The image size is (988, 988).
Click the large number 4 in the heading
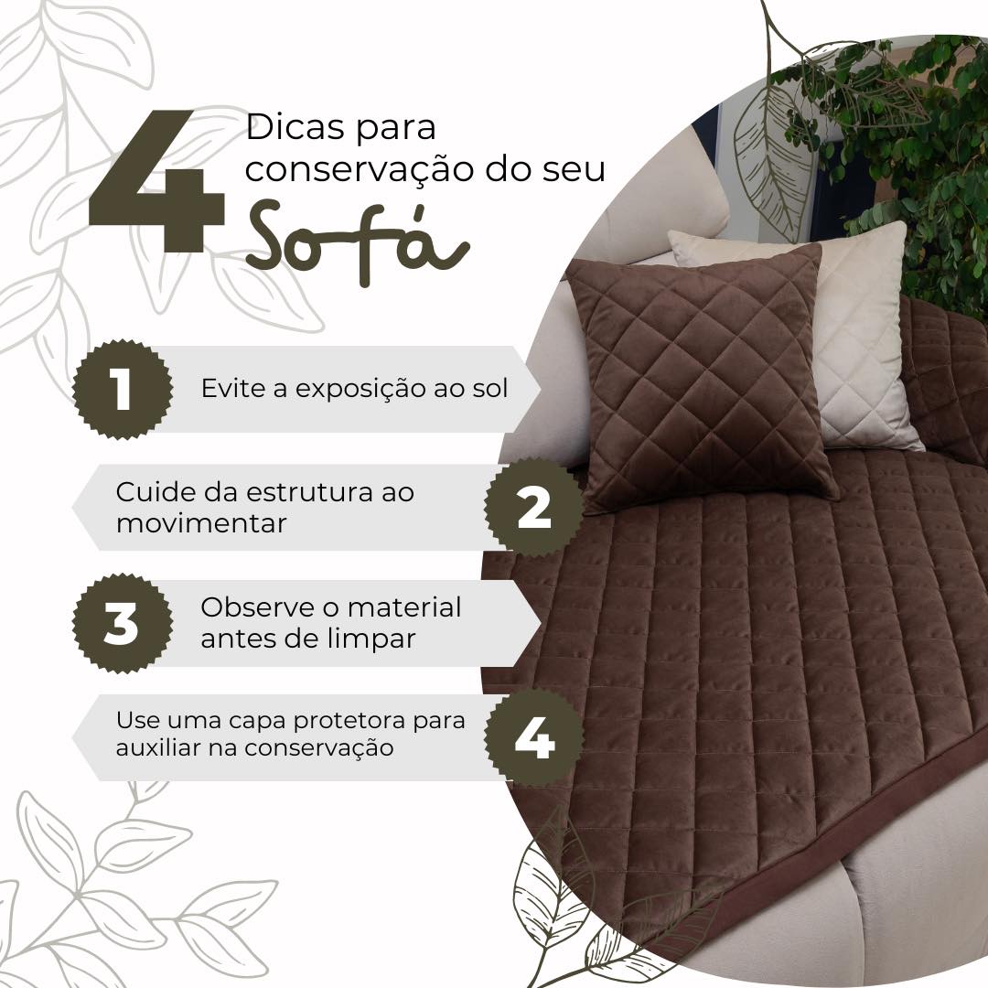pyautogui.click(x=156, y=183)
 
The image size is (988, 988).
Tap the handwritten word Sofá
pyautogui.click(x=357, y=240)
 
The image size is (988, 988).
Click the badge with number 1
pyautogui.click(x=122, y=389)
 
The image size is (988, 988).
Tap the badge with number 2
pyautogui.click(x=533, y=508)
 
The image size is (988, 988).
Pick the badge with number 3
pyautogui.click(x=122, y=624)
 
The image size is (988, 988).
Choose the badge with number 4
pyautogui.click(x=533, y=739)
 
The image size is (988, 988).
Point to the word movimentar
pyautogui.click(x=201, y=523)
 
